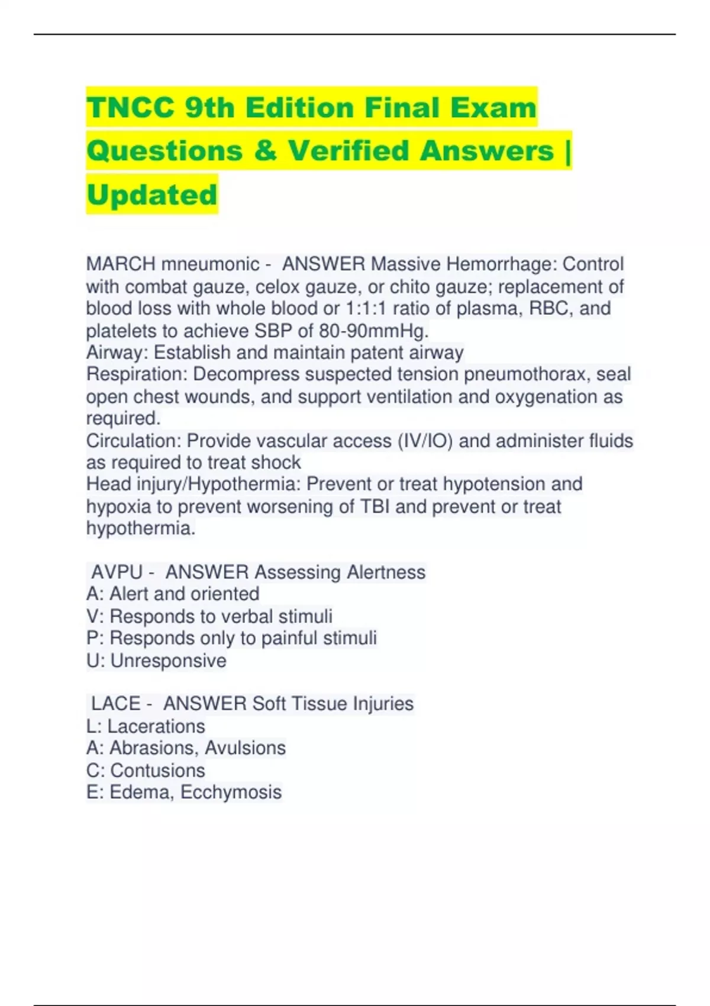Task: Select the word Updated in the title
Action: (152, 195)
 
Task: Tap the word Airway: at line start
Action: (117, 353)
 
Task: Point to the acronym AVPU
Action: (117, 572)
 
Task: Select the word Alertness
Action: (386, 572)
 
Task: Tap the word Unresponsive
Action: (168, 660)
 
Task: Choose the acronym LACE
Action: (115, 704)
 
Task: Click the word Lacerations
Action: (156, 726)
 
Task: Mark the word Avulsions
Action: (246, 748)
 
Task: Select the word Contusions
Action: (157, 770)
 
